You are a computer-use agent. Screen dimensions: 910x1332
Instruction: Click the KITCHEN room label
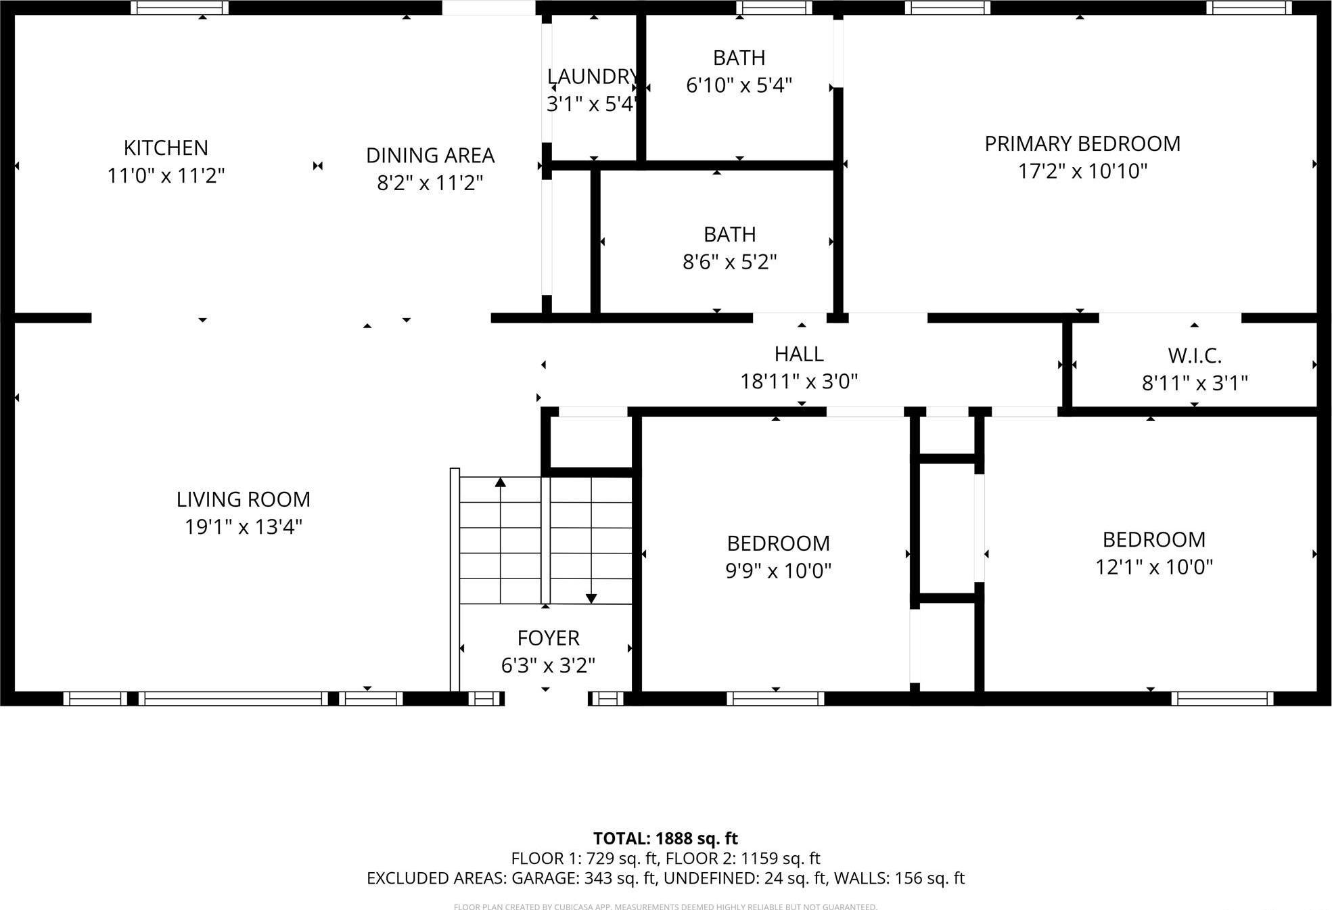coord(166,147)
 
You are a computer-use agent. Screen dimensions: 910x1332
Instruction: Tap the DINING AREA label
coord(430,156)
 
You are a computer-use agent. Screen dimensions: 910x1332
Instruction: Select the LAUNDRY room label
coord(593,76)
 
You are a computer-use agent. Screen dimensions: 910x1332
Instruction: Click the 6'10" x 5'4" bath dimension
coord(739,85)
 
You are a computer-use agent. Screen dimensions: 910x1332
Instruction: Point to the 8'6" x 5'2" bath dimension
coord(729,262)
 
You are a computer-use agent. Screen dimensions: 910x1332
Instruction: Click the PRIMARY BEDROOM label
coord(1082,143)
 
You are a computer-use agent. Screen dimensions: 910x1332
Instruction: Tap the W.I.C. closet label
coord(1194,356)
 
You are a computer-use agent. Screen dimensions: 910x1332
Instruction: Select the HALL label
coord(798,354)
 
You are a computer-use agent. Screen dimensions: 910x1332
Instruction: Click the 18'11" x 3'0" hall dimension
coord(798,382)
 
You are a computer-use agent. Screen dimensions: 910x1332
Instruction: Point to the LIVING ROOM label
coord(243,499)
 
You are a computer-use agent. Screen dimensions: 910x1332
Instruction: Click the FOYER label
coord(548,638)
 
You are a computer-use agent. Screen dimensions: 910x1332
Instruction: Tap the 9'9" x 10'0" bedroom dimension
coord(778,571)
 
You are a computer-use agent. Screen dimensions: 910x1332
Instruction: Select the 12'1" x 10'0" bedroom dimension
coord(1153,567)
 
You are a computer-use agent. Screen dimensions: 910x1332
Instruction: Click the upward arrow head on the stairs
coord(500,482)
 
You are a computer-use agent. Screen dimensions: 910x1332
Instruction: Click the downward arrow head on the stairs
coord(591,599)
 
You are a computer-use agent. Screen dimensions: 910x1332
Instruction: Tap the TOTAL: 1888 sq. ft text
coord(665,838)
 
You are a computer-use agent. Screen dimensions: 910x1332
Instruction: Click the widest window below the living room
coord(233,698)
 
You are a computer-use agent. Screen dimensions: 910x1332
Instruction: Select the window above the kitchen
coord(179,7)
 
